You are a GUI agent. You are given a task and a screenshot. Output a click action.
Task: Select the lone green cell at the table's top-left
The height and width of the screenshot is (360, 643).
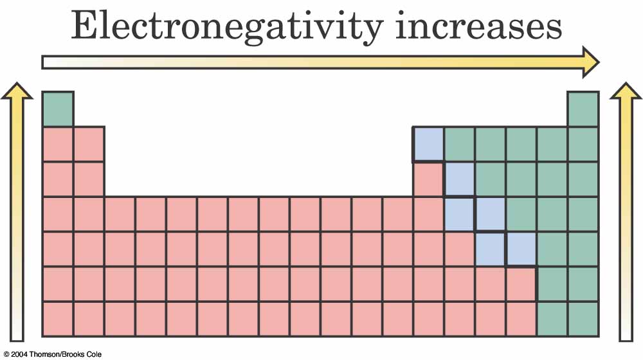(58, 109)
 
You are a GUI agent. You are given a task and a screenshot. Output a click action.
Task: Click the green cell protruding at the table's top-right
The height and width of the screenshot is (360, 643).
(583, 109)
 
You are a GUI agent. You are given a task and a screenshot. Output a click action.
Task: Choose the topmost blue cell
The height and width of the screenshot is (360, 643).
(428, 143)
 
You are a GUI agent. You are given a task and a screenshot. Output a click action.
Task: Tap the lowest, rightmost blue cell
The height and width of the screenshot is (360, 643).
(521, 249)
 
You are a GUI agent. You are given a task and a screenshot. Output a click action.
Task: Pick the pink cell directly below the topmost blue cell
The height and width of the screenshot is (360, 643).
(428, 179)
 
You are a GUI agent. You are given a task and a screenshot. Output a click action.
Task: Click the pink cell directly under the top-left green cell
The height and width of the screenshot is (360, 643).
(58, 144)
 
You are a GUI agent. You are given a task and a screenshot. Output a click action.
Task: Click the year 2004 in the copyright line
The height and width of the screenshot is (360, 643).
(18, 354)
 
